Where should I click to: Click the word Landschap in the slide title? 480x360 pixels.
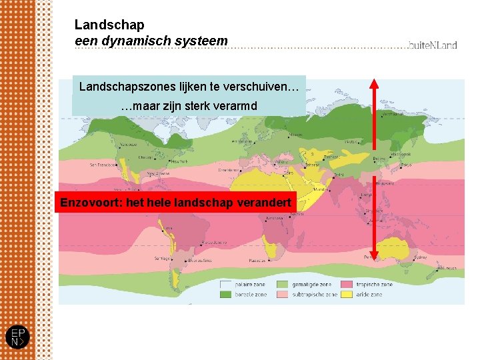click(109, 25)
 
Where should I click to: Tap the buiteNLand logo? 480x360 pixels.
click(433, 45)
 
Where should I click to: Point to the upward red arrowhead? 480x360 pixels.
click(374, 85)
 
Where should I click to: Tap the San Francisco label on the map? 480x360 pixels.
click(103, 164)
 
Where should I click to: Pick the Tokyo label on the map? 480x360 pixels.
click(406, 165)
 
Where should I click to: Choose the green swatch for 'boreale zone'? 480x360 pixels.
click(227, 295)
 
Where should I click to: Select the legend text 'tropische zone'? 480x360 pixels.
click(376, 285)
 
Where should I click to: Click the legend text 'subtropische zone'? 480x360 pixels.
click(313, 295)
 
